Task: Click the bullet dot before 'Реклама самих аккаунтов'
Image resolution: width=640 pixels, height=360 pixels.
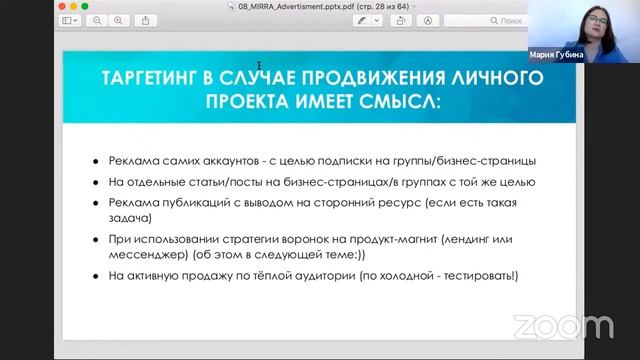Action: pyautogui.click(x=95, y=161)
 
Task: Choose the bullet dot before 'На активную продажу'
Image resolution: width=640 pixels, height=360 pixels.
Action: pyautogui.click(x=95, y=276)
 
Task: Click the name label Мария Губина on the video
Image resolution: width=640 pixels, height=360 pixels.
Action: pyautogui.click(x=562, y=56)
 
